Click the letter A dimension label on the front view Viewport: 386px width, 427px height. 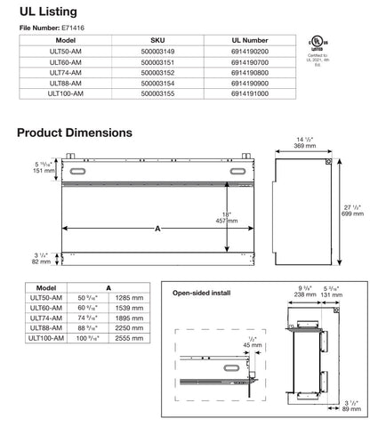(158, 229)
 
